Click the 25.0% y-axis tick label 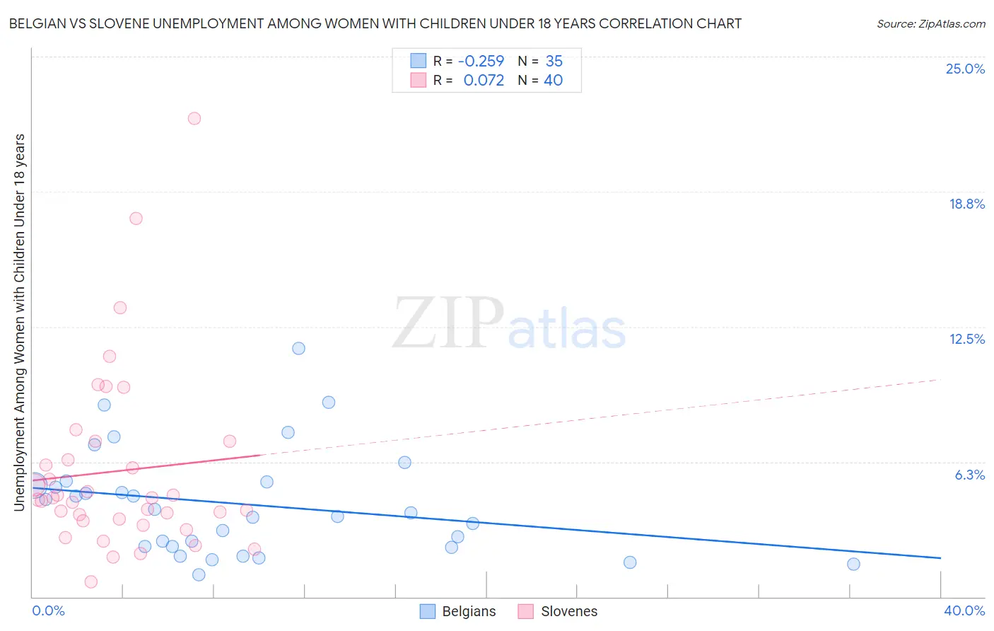(965, 69)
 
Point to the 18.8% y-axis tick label (966, 204)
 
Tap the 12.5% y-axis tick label (966, 339)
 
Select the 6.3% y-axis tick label (969, 475)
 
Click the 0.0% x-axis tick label (48, 610)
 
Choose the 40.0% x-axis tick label (964, 610)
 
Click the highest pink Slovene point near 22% (194, 118)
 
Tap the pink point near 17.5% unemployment (136, 218)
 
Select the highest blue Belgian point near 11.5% (298, 348)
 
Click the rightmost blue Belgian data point (853, 564)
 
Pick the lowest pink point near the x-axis (90, 581)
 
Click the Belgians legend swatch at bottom (427, 611)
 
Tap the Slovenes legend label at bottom (568, 611)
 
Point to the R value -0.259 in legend (481, 62)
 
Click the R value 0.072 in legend (484, 81)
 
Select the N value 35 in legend (554, 62)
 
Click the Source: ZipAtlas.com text (930, 23)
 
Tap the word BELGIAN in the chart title (34, 23)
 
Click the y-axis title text (19, 322)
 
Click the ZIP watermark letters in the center (448, 323)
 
